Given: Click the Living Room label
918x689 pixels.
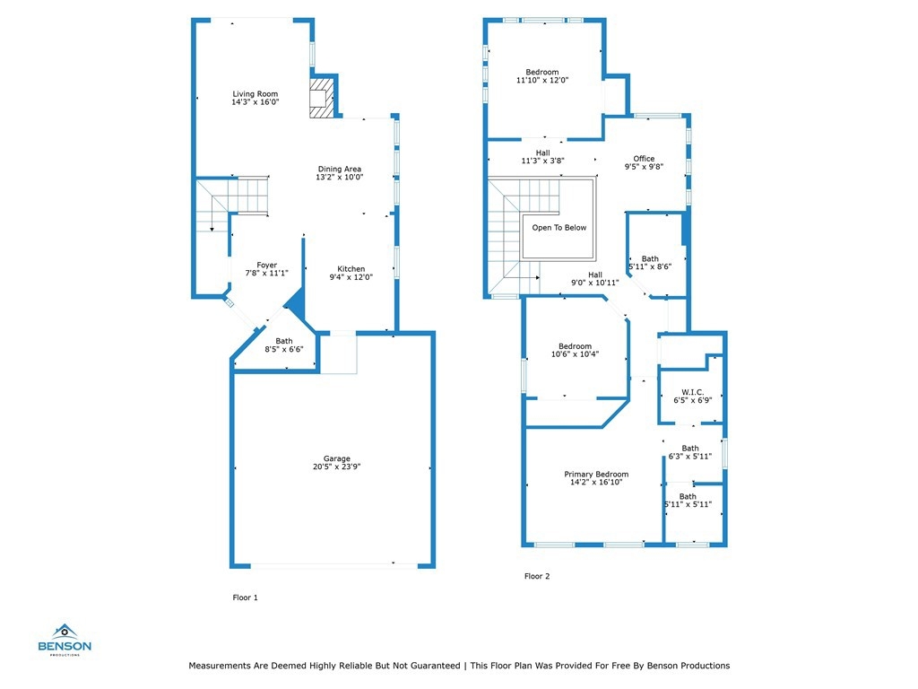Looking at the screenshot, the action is click(x=255, y=93).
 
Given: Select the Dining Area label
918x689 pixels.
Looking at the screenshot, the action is click(x=340, y=169).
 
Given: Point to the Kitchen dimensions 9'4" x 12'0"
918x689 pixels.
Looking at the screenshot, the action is click(x=351, y=277).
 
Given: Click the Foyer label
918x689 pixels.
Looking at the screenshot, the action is click(x=267, y=265).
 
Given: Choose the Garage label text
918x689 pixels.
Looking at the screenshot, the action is click(x=337, y=458).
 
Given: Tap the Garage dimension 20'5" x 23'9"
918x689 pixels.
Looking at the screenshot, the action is click(x=337, y=467).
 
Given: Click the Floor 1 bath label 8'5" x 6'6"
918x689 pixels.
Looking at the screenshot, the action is click(x=284, y=349).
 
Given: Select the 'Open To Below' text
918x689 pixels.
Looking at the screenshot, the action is click(x=559, y=227).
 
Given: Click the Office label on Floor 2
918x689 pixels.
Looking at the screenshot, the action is click(x=644, y=159).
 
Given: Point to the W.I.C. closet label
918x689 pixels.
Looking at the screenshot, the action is click(x=693, y=392).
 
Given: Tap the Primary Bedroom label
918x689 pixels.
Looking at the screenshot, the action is click(x=596, y=474).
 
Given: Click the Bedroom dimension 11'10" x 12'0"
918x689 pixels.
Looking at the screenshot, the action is click(x=542, y=80).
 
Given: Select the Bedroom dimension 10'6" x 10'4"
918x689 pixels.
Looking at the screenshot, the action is click(x=575, y=353).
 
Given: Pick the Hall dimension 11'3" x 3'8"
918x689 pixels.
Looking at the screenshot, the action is click(x=542, y=161).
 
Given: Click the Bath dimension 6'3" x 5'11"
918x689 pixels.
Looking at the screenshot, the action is click(x=690, y=457).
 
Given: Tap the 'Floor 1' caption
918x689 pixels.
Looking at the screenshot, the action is click(x=245, y=597).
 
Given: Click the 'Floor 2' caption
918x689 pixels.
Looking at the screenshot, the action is click(x=537, y=576).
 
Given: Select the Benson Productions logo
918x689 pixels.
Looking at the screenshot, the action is click(x=65, y=640).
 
